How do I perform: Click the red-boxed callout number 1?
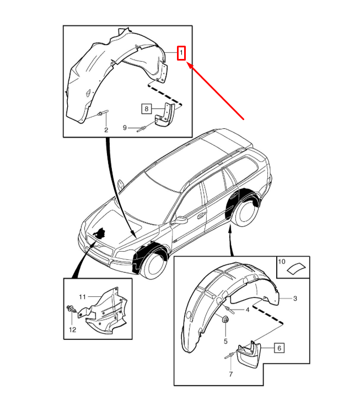[181, 53]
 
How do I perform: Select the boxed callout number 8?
[146, 108]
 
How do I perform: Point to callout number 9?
[125, 128]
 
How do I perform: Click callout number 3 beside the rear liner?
[295, 298]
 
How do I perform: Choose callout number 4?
[248, 310]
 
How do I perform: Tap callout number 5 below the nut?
[225, 341]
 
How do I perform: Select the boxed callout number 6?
[279, 348]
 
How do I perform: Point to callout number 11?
[82, 297]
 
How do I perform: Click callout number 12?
[72, 329]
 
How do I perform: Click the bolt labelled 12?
[72, 311]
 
